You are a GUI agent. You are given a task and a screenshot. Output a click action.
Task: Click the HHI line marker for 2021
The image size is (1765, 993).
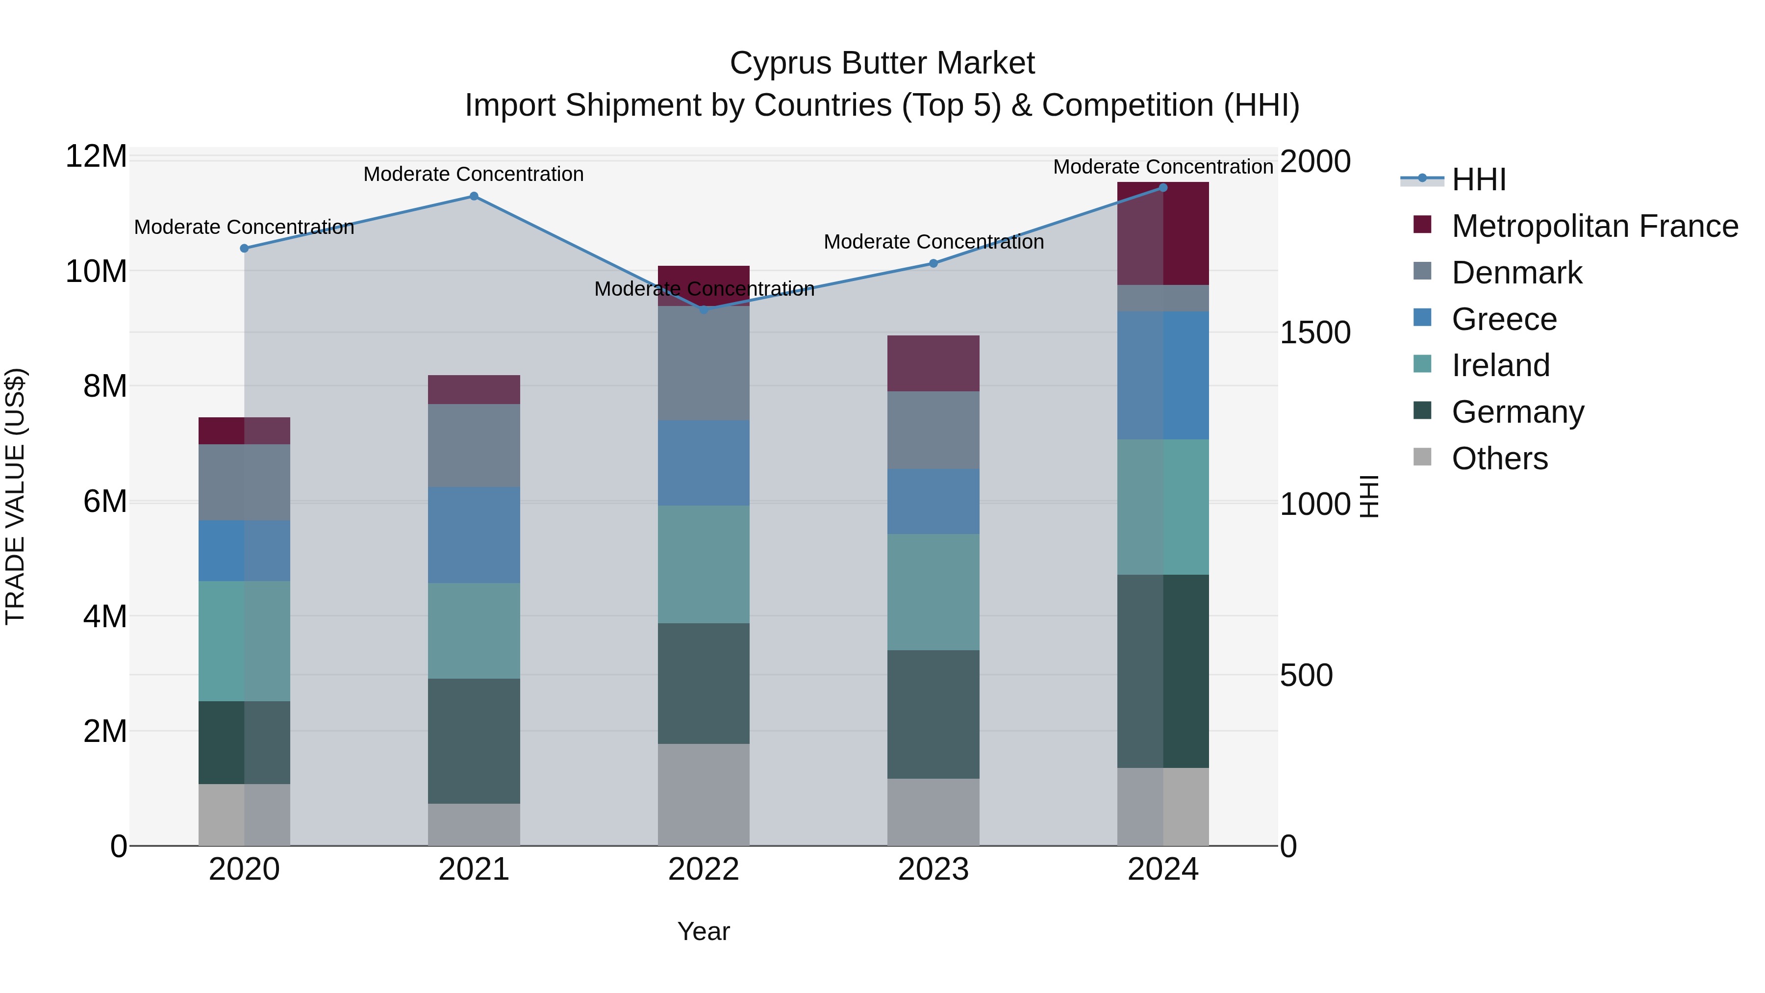click(474, 196)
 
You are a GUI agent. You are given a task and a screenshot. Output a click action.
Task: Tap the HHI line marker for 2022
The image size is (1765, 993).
click(703, 310)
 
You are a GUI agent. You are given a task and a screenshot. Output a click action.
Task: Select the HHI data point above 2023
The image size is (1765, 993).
click(933, 263)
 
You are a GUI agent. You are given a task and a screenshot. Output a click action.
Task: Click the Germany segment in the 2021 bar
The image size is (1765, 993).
click(474, 741)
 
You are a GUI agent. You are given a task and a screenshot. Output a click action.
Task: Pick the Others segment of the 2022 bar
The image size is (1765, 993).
click(703, 794)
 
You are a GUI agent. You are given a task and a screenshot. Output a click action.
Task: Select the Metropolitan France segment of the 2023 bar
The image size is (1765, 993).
click(933, 363)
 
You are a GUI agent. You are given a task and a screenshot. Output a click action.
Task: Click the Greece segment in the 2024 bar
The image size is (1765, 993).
click(1163, 376)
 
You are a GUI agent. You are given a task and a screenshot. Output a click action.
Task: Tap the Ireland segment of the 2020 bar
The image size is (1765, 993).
click(244, 641)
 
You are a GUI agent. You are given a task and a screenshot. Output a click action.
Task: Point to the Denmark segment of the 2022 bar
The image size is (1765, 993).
click(703, 363)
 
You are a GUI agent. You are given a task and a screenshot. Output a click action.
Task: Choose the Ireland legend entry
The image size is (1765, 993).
click(1501, 365)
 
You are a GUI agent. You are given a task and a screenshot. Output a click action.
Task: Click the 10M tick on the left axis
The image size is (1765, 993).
click(96, 271)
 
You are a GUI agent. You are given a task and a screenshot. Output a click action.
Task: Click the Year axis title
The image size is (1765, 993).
click(703, 931)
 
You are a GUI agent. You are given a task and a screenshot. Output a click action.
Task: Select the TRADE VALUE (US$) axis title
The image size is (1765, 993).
click(15, 496)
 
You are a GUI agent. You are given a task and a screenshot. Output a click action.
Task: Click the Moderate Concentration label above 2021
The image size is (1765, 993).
click(474, 174)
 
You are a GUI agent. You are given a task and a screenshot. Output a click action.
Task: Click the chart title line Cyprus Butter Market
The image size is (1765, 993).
click(882, 63)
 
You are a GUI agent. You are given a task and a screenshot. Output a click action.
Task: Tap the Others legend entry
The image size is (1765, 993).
click(1499, 458)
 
